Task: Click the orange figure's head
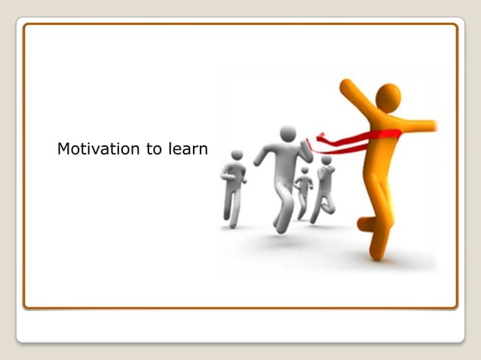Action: pyautogui.click(x=388, y=96)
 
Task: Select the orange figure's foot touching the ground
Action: pyautogui.click(x=375, y=254)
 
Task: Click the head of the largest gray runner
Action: pyautogui.click(x=288, y=133)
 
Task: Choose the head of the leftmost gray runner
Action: pyautogui.click(x=237, y=155)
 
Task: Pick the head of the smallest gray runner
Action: pyautogui.click(x=305, y=171)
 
